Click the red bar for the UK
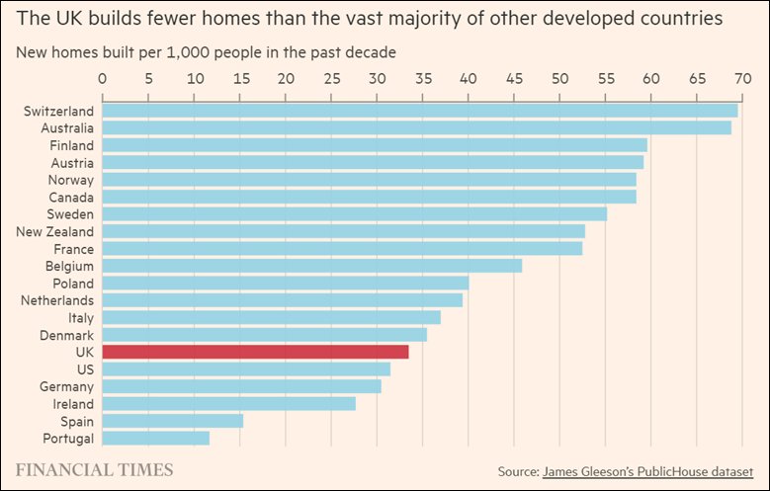255,352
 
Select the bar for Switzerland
419,111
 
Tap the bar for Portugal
155,438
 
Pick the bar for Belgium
311,266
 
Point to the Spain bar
172,421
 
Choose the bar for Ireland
228,404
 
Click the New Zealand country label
55,231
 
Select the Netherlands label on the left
57,300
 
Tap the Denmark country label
67,335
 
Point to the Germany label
66,386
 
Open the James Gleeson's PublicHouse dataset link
647,471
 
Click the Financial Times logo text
94,469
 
